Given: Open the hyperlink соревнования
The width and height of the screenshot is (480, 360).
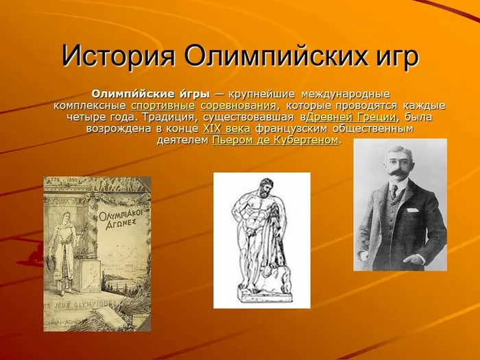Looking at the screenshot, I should coord(239,106).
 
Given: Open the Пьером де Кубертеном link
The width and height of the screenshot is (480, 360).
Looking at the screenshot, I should coord(276,140).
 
